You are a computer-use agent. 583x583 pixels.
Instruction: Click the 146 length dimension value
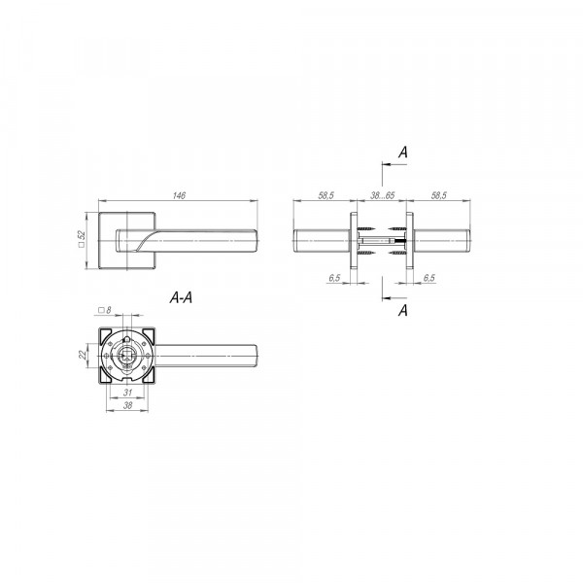coord(179,195)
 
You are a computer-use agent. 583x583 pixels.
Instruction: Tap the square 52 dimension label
coord(82,239)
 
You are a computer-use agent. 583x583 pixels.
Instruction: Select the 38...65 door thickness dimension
coord(382,195)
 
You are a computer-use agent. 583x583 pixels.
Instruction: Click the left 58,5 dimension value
coord(326,195)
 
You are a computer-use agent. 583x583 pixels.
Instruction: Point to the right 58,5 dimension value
coord(439,195)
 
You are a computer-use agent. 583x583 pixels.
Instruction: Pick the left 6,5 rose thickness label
coord(334,278)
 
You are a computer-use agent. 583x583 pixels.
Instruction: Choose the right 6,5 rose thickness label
coord(429,278)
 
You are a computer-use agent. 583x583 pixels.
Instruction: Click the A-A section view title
coord(181,297)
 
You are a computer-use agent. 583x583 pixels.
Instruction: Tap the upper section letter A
coord(403,153)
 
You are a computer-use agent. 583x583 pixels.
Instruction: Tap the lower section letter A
coord(403,310)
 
